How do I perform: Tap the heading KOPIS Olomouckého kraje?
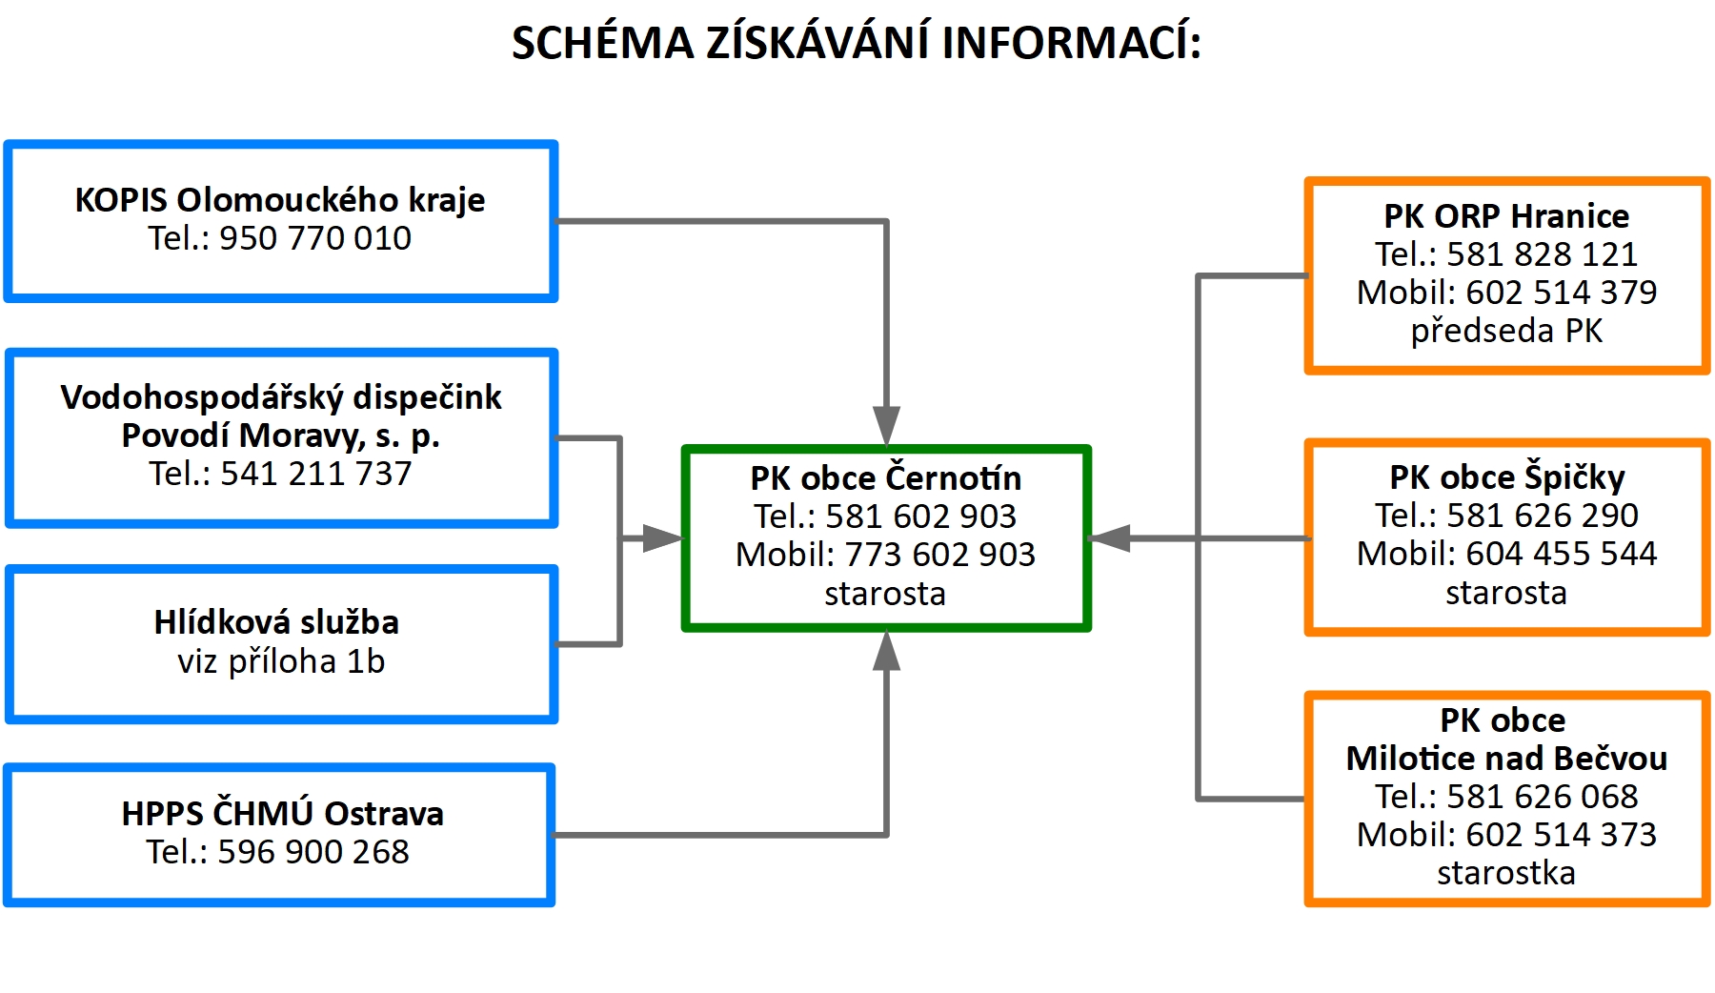coord(280,200)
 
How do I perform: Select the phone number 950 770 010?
coord(315,238)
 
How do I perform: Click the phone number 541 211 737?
coord(316,474)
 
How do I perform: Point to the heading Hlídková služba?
coord(276,622)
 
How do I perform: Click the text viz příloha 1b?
coord(281,661)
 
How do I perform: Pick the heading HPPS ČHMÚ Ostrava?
coord(283,813)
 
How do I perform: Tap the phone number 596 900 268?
coord(313,852)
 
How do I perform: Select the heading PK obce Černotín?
coord(886,477)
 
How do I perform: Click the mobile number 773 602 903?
coord(940,555)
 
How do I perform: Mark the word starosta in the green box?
coord(885,594)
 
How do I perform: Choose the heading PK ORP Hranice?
coord(1506,216)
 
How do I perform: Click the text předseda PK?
coord(1506,331)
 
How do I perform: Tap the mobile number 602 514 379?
coord(1562,293)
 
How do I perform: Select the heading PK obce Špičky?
coord(1506,476)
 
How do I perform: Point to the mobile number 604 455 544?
coord(1562,554)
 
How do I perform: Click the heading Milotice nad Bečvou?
coord(1506,759)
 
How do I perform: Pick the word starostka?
coord(1506,873)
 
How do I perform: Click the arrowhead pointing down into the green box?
coord(886,426)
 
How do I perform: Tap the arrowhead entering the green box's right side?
coord(1109,538)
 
